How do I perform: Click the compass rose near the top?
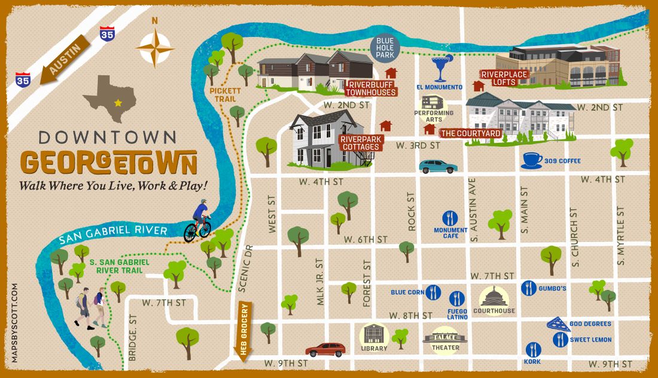point(155,47)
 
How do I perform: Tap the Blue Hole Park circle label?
point(386,48)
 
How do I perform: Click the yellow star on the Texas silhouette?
point(118,103)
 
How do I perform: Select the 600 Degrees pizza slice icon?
point(557,324)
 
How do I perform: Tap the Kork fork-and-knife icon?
point(532,349)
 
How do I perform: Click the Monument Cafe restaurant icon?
point(450,219)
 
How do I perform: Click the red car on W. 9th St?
point(325,349)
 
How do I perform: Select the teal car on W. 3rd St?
point(438,167)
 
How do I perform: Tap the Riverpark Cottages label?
point(360,142)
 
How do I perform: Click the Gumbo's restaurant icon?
point(528,288)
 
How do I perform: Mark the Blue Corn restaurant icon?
point(433,293)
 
